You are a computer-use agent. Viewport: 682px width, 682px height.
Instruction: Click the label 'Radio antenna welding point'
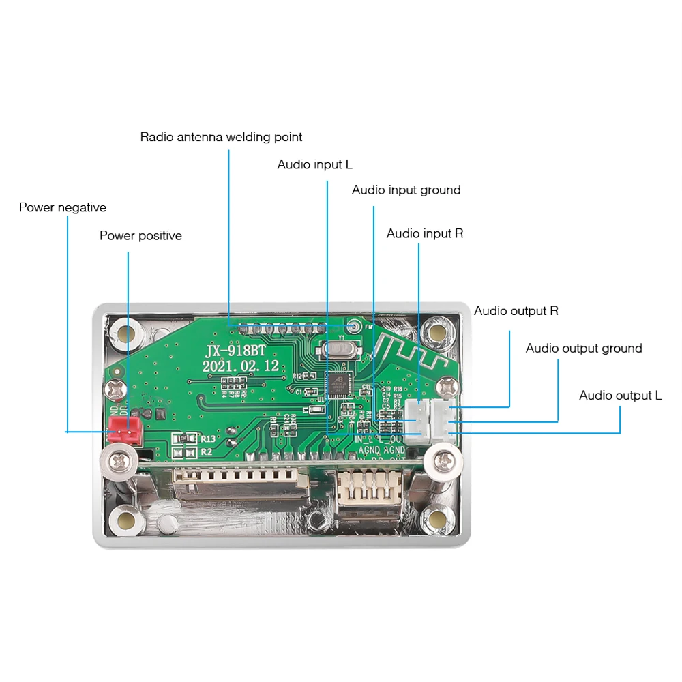(221, 137)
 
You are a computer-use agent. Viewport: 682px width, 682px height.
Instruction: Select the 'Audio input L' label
(314, 165)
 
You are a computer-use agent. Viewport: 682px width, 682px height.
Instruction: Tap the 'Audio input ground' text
(406, 190)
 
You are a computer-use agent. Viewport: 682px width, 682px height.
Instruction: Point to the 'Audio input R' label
(424, 234)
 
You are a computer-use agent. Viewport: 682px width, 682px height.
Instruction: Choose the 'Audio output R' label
(516, 311)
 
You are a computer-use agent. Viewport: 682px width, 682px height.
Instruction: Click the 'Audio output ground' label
(583, 349)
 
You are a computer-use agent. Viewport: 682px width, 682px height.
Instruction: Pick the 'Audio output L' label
(620, 396)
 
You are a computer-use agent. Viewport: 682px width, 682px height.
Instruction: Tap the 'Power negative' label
(62, 207)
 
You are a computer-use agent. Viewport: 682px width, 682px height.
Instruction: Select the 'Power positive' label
(140, 236)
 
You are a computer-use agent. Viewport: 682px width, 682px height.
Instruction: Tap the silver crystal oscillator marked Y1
(336, 350)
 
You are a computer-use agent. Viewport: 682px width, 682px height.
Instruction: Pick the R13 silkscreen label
(207, 439)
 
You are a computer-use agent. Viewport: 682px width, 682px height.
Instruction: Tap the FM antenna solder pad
(352, 326)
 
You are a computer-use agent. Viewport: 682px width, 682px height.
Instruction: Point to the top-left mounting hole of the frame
(123, 333)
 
